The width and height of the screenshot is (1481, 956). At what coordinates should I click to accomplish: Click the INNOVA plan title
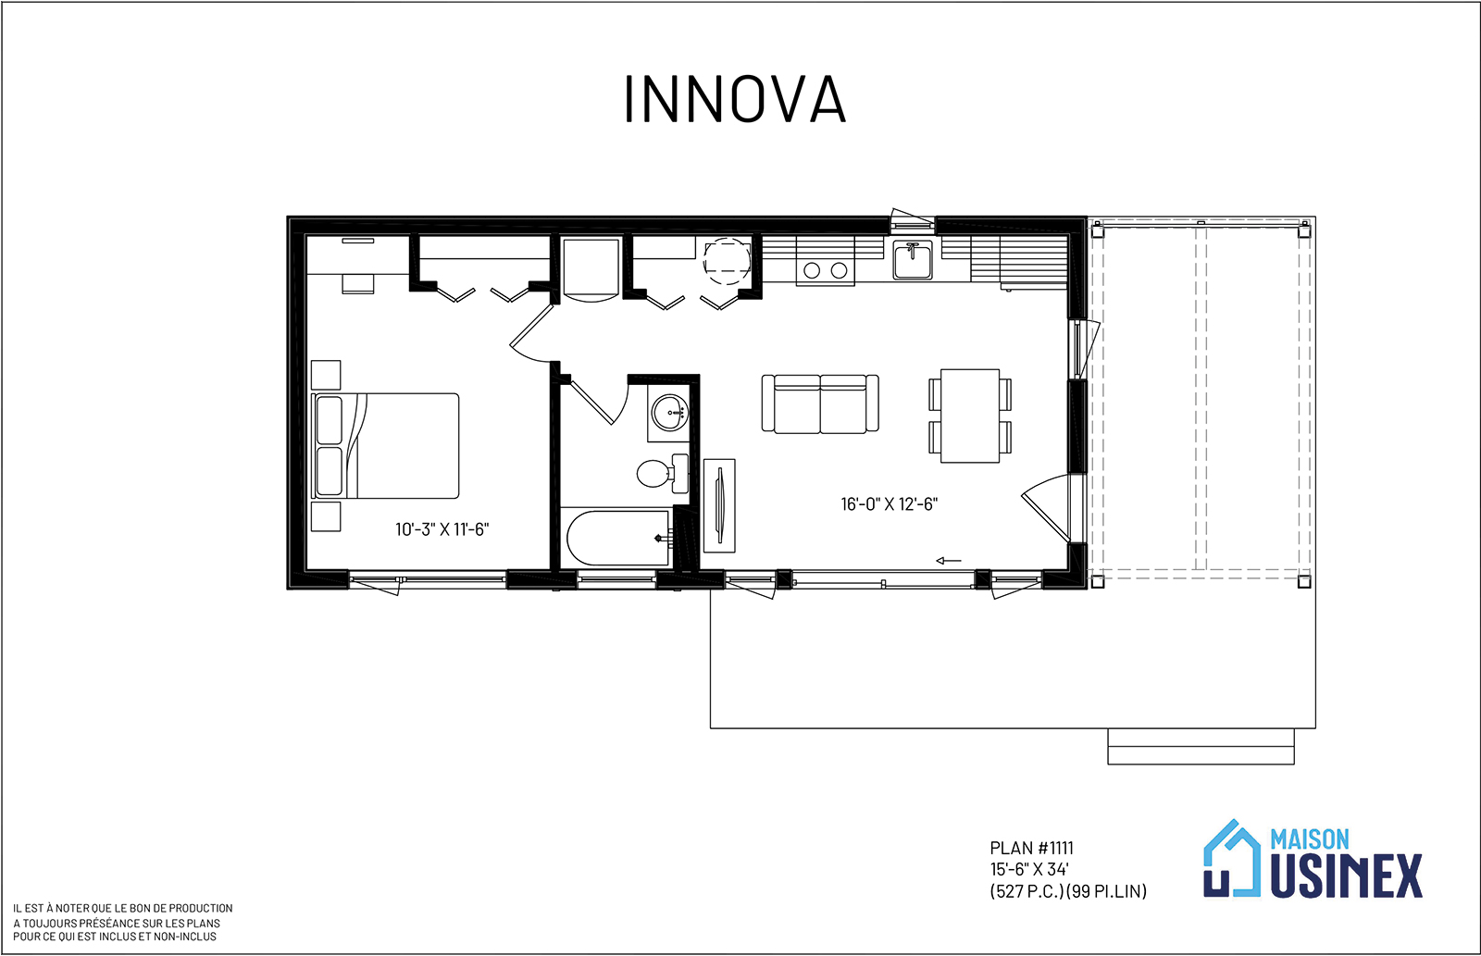click(x=735, y=99)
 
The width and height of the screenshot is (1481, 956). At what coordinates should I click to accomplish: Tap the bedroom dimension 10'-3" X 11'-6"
click(x=442, y=529)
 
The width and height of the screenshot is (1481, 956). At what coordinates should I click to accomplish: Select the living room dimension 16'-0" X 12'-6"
click(x=890, y=504)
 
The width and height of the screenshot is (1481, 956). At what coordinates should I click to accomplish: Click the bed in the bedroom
click(x=385, y=446)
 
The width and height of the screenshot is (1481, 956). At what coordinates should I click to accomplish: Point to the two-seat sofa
click(x=820, y=404)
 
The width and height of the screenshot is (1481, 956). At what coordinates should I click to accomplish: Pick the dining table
click(x=970, y=416)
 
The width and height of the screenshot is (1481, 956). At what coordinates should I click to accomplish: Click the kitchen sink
click(x=913, y=260)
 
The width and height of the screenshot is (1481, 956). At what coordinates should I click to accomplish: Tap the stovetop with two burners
click(x=825, y=269)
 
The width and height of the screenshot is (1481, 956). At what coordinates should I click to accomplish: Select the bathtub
click(x=617, y=538)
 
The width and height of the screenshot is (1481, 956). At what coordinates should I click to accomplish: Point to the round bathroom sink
click(x=670, y=413)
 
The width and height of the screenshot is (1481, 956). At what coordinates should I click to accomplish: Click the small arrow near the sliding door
click(x=948, y=562)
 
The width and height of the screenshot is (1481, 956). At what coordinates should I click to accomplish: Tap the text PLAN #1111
click(x=1031, y=849)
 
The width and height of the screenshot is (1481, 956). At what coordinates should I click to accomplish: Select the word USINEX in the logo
click(x=1346, y=876)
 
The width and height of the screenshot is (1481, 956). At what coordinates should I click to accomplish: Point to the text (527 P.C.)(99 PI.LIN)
click(x=1068, y=892)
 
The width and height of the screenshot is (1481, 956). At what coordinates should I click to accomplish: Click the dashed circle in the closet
click(x=727, y=261)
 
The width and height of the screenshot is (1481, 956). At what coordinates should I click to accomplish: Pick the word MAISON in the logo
click(x=1310, y=839)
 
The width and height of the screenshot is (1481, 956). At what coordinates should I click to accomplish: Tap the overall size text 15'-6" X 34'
click(x=1029, y=870)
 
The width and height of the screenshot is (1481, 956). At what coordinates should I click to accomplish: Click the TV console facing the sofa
click(x=719, y=505)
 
